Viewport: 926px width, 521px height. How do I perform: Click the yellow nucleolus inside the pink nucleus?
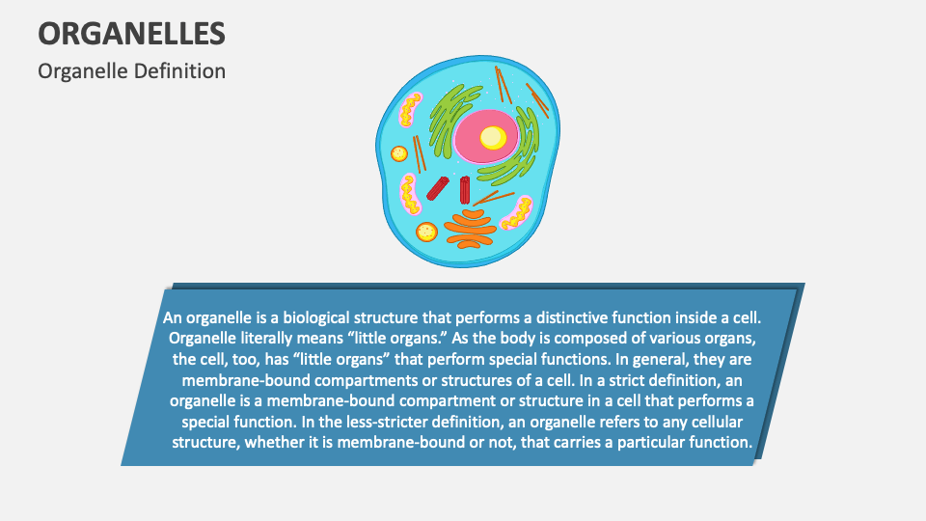pos(493,138)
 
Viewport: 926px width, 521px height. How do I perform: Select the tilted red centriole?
pos(438,187)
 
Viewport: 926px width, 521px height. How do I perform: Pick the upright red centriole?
pos(465,190)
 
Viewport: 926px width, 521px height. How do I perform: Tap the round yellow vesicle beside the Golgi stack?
pos(425,232)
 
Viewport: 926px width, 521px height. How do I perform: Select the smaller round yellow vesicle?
pos(399,152)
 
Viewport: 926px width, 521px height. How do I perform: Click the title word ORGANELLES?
pos(132,33)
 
